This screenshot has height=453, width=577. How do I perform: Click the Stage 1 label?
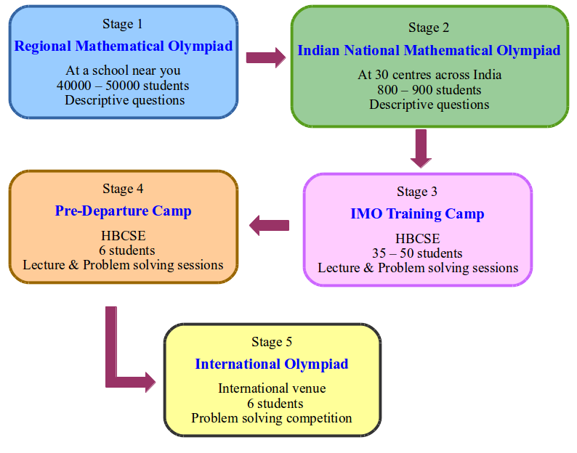coord(122,24)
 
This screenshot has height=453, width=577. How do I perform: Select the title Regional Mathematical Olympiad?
coord(124,46)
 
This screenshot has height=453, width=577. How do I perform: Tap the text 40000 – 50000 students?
coord(123,86)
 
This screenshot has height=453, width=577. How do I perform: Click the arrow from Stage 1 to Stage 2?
coord(266,57)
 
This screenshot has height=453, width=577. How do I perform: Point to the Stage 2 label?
coord(429,28)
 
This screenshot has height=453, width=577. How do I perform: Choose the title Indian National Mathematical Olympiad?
coord(429,51)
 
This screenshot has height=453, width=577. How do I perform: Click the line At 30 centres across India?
coord(429,75)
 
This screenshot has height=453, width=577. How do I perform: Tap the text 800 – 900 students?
coord(429,90)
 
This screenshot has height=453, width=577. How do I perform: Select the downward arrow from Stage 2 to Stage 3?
coord(421,149)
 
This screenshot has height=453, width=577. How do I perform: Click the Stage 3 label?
coord(417,192)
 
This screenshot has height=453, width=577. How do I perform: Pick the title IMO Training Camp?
coord(417,214)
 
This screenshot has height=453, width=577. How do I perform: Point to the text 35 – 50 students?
coord(417,253)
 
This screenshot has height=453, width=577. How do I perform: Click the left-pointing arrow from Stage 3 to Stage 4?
coord(269,225)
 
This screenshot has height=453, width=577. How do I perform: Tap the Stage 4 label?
coord(123,189)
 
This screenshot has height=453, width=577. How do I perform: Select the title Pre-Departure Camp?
coord(123,211)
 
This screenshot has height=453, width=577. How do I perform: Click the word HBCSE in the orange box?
coord(124,236)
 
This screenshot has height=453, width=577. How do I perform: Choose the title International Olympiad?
coord(272,364)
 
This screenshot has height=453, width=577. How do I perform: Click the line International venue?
coord(272,388)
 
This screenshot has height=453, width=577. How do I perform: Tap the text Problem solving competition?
coord(272,418)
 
